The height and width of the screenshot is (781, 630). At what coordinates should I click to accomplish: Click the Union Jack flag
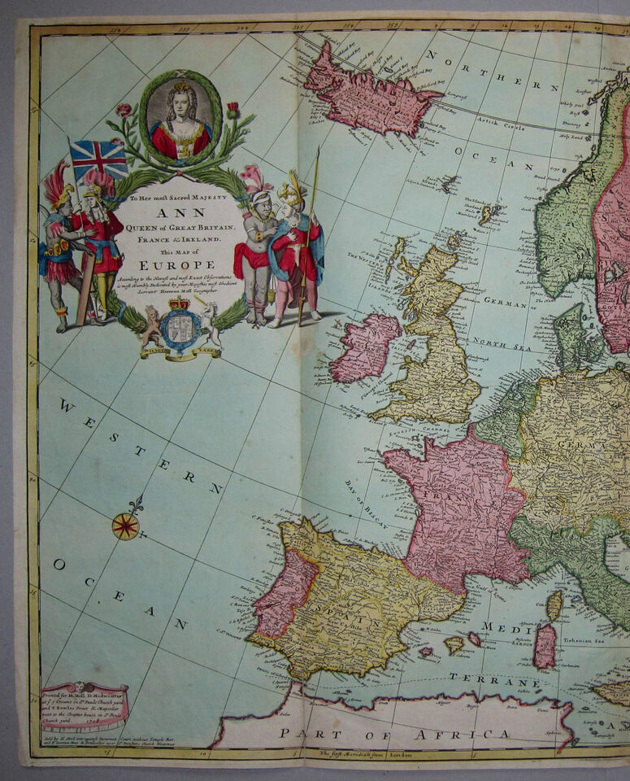98,158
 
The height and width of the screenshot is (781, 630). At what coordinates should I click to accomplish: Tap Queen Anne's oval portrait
180,120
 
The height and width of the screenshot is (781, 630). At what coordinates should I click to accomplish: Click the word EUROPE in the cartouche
176,264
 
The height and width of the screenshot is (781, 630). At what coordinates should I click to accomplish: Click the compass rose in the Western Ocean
126,526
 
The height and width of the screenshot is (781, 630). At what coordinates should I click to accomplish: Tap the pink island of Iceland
366,94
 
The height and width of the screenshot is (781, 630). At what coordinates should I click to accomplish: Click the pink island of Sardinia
545,645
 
